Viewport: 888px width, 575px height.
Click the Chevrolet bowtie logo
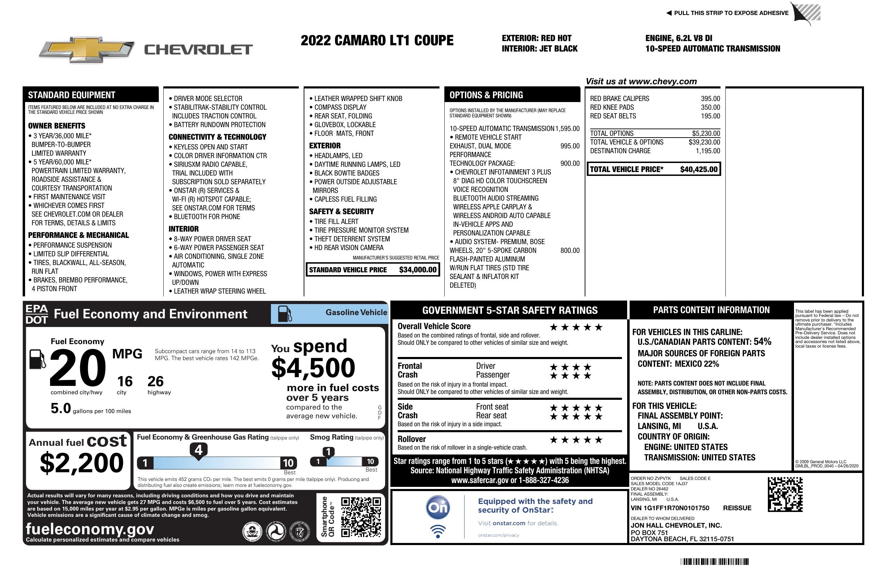(87, 49)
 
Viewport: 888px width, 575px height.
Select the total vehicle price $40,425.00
(699, 169)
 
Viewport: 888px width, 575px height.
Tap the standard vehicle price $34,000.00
(418, 270)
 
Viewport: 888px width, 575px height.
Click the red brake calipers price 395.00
(710, 99)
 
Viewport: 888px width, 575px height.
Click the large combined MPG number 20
(78, 368)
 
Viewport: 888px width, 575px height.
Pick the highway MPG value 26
(155, 381)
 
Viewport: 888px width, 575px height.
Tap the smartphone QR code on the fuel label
(361, 516)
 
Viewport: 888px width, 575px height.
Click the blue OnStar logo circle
(438, 507)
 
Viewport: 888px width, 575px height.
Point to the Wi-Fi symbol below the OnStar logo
(438, 531)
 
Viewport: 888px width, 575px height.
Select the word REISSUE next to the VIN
(737, 508)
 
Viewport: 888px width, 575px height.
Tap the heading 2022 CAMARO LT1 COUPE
(377, 40)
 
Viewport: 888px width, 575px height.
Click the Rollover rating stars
(576, 440)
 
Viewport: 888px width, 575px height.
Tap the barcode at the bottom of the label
(714, 561)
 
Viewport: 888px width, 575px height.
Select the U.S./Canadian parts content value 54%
(762, 341)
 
